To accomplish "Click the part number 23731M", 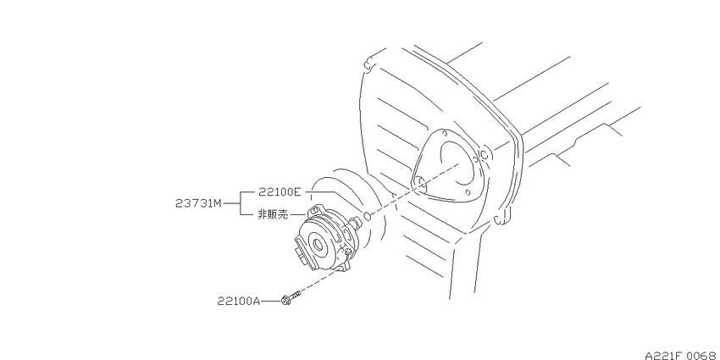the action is point(198,203).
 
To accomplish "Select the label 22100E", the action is point(280,192).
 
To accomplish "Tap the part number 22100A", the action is point(238,302).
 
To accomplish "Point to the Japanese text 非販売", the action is point(273,214).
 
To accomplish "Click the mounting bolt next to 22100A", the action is point(291,297).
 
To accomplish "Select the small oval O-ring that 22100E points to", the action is point(367,216).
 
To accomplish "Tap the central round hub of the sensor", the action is point(318,244).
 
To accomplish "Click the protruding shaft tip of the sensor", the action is point(356,223).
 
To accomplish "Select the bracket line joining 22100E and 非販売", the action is point(241,203).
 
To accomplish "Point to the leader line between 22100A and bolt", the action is point(270,302).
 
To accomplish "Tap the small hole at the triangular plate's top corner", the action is point(445,133).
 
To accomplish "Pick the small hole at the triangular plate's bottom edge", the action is point(468,193).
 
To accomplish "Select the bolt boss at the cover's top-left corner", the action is point(368,64).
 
